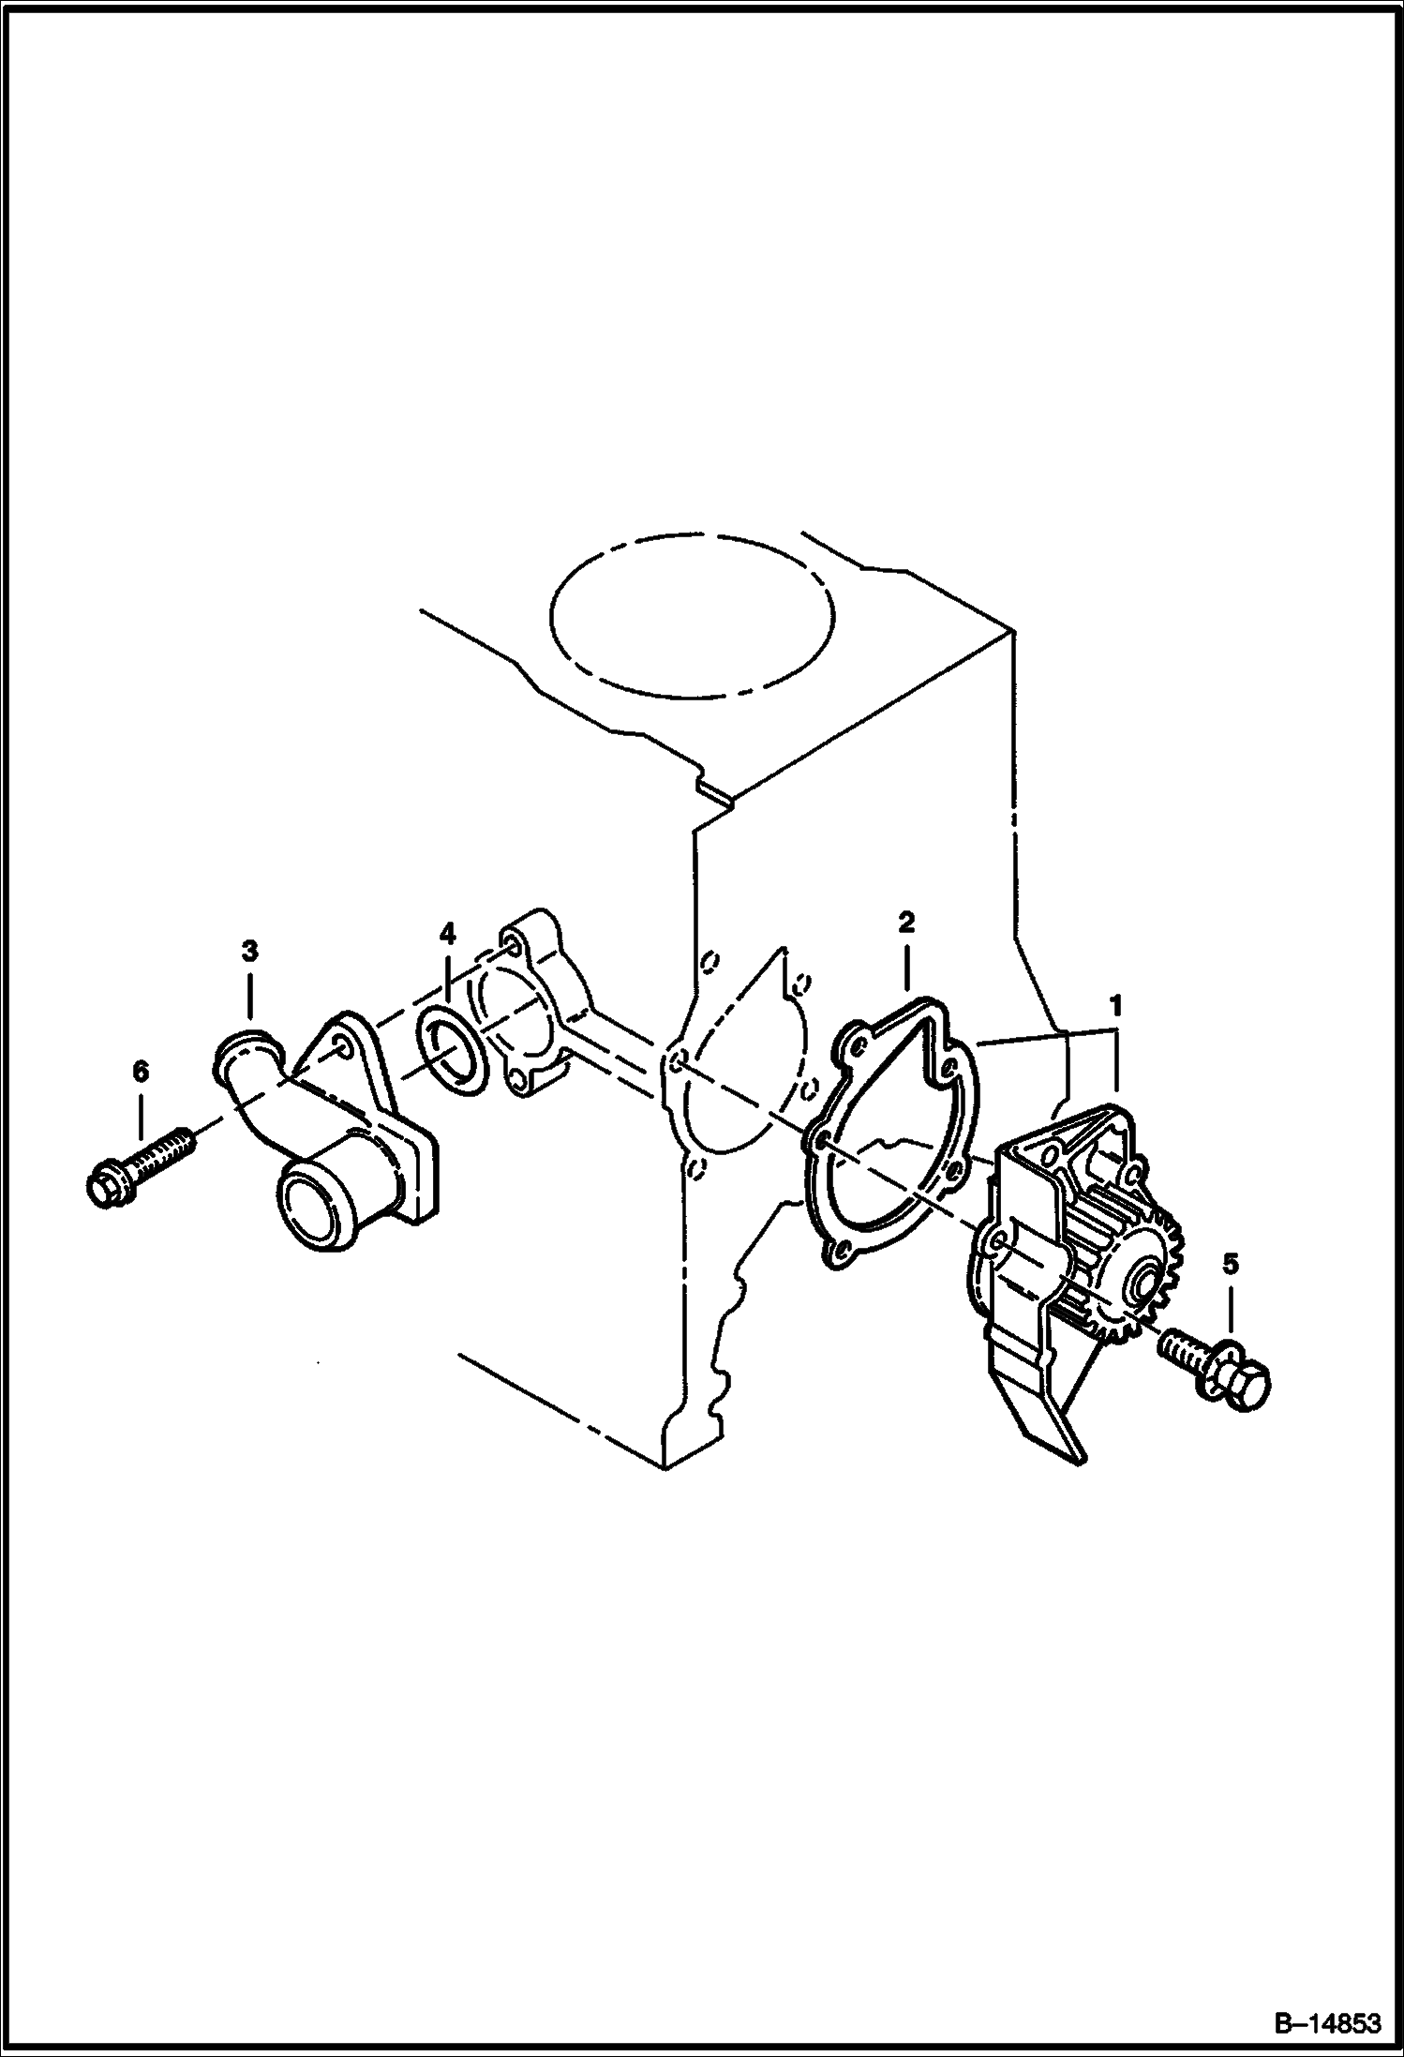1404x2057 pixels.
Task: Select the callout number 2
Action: [x=905, y=923]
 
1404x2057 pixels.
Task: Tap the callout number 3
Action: [x=249, y=951]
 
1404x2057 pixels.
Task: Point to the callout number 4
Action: [x=447, y=933]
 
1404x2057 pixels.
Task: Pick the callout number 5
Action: [x=1231, y=1265]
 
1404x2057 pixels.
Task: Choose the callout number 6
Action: [x=141, y=1071]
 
